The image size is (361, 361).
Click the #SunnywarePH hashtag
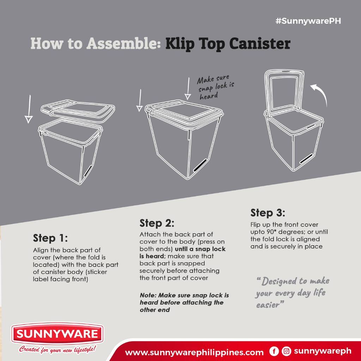click(308, 21)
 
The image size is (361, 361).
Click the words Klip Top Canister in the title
click(228, 43)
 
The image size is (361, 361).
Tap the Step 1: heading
click(50, 238)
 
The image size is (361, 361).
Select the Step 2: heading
click(157, 223)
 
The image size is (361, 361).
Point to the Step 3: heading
click(268, 213)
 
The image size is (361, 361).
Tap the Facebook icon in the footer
click(274, 351)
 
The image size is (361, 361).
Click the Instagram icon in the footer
click(286, 351)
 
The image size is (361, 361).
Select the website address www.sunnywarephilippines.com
click(194, 352)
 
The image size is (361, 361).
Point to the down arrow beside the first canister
click(29, 109)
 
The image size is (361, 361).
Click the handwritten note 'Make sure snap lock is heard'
click(215, 87)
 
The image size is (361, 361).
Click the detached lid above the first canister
click(78, 110)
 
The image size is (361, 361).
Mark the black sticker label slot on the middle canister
click(200, 165)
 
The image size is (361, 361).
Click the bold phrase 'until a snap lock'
click(200, 249)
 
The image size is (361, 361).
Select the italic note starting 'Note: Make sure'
click(184, 302)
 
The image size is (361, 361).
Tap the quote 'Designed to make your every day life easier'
click(293, 293)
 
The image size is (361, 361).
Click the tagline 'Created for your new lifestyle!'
click(57, 349)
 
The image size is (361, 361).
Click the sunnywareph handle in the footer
click(323, 351)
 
